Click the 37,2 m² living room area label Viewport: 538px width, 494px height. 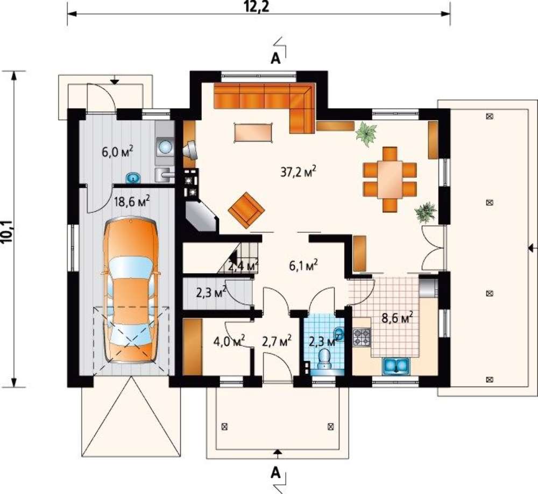click(x=298, y=172)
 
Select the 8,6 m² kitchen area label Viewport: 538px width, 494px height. click(x=398, y=318)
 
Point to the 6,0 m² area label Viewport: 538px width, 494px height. click(x=117, y=152)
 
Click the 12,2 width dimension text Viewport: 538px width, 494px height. click(x=257, y=6)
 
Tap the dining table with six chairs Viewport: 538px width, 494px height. click(x=390, y=179)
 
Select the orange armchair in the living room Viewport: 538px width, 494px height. click(x=246, y=210)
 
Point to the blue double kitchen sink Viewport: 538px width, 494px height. click(x=397, y=365)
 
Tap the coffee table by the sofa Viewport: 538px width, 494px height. click(x=253, y=132)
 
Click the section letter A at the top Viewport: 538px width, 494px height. click(x=275, y=59)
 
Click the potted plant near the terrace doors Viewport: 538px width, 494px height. click(x=426, y=212)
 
